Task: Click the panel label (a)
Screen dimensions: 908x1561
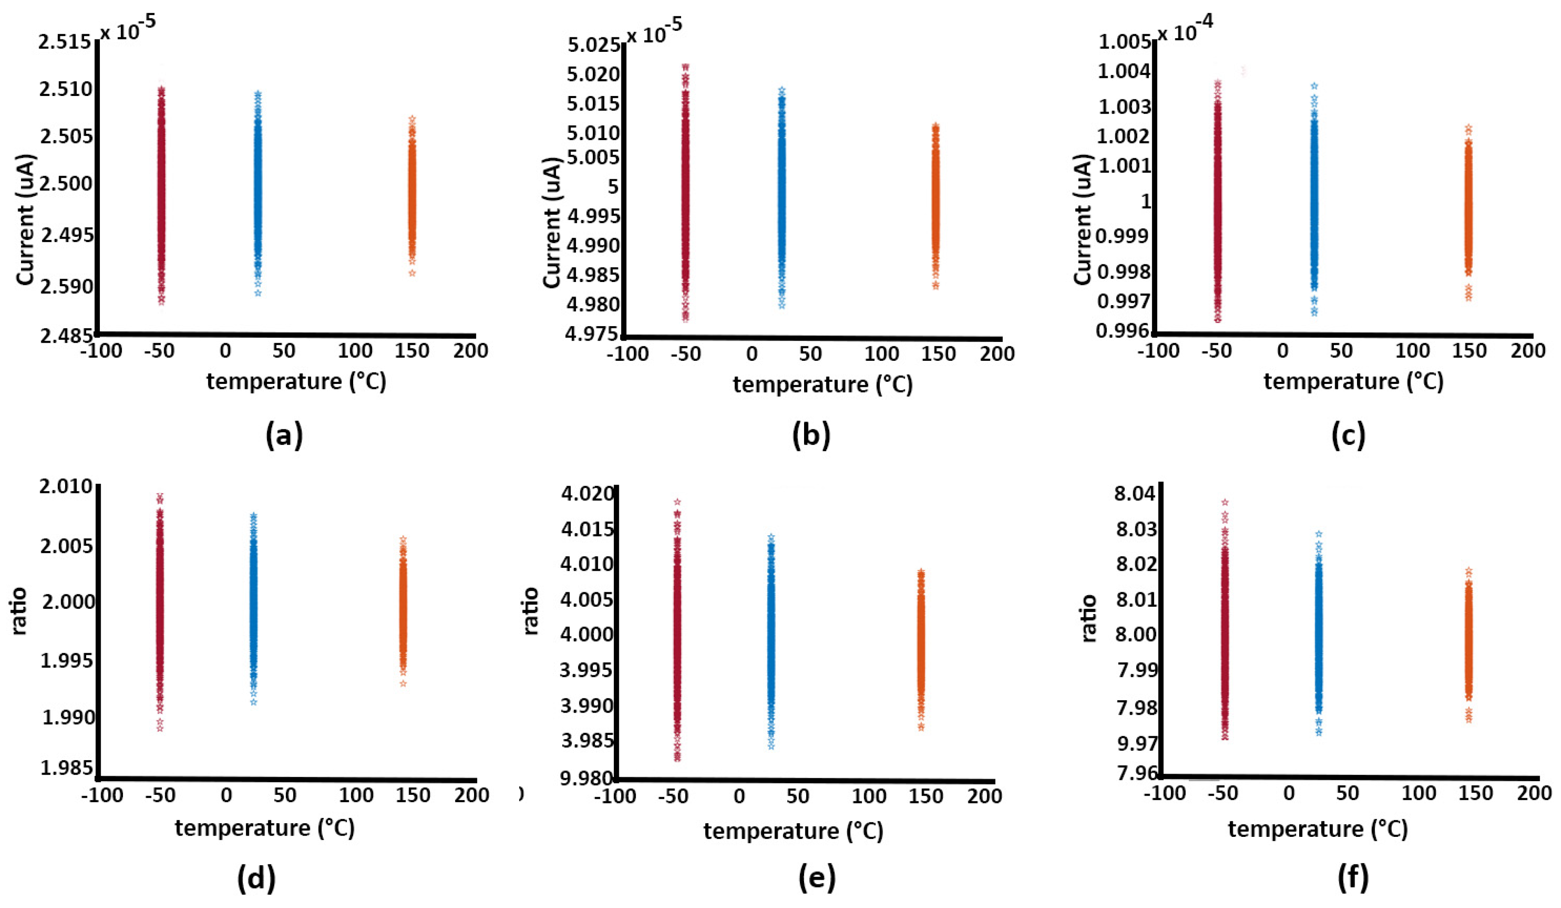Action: coord(284,435)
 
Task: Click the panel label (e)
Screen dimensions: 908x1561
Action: coord(817,878)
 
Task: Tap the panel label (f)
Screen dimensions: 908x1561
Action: coord(1352,878)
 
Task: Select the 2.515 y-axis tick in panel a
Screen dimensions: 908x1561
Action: coord(64,42)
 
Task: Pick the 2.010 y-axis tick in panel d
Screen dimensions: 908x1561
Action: coord(66,487)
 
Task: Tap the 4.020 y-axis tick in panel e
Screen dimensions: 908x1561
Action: coord(587,494)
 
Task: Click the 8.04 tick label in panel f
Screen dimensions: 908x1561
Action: coord(1135,494)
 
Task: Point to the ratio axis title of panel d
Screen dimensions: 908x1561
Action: coord(20,611)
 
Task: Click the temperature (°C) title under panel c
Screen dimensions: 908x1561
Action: coord(1354,381)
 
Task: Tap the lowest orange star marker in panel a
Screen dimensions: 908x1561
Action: coord(412,273)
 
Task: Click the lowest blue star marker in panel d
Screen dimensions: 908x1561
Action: coord(253,702)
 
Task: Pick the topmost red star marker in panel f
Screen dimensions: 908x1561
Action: coord(1225,502)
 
